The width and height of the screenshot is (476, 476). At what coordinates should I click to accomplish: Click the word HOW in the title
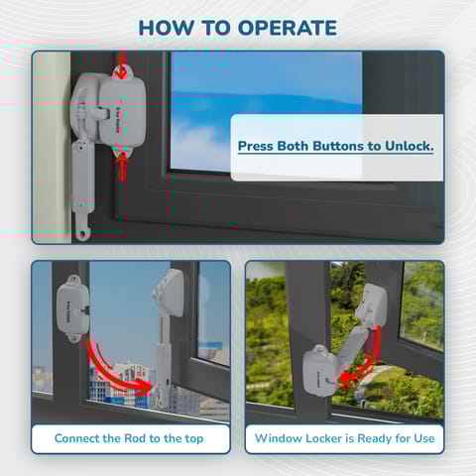coord(165,27)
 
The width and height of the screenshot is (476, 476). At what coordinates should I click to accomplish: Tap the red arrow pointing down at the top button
coord(122,69)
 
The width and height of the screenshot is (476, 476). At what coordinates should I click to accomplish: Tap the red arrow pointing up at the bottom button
coord(122,165)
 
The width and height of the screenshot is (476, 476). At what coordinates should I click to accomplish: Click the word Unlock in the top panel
coord(408,147)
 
